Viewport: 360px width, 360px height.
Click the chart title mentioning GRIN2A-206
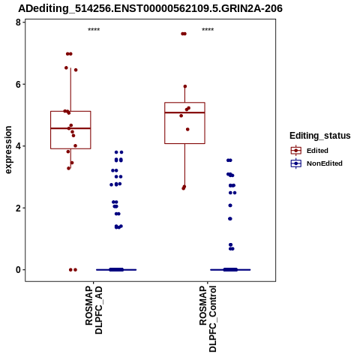click(x=151, y=8)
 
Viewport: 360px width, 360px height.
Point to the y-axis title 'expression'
click(x=8, y=150)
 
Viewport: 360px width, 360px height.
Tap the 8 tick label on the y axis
click(x=18, y=22)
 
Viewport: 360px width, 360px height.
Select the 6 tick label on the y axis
click(x=18, y=84)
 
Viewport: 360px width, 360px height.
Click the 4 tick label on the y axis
click(x=18, y=146)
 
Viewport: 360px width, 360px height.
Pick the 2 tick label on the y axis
click(x=18, y=208)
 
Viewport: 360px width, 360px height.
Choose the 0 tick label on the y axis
click(x=18, y=270)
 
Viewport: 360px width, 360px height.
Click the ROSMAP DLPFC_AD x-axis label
click(x=94, y=310)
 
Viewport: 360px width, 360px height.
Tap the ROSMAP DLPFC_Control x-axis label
click(x=208, y=319)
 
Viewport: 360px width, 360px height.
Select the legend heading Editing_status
click(x=320, y=136)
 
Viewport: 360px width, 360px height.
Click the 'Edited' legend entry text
click(x=317, y=151)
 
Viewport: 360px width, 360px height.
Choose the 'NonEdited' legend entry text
click(x=325, y=163)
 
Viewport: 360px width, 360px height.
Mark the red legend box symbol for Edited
click(x=296, y=151)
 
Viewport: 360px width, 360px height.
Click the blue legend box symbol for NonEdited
click(x=296, y=163)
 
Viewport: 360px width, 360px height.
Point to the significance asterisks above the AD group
click(x=94, y=30)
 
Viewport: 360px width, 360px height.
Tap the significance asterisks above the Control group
click(x=208, y=30)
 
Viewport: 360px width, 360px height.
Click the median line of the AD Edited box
click(x=70, y=128)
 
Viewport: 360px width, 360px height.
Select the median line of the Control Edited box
click(x=184, y=112)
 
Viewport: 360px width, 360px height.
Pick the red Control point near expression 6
click(x=185, y=86)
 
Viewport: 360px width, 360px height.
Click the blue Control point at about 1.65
click(x=230, y=219)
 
